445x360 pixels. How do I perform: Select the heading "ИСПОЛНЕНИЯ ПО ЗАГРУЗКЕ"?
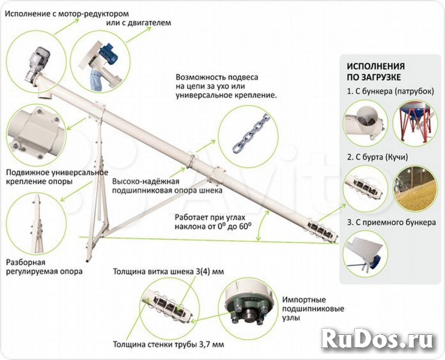375,71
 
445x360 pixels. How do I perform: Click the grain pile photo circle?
416,187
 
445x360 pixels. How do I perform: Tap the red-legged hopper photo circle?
416,121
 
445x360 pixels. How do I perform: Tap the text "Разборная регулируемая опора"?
44,267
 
